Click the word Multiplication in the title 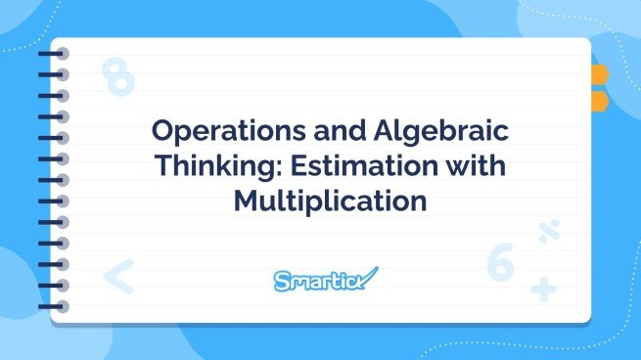[330, 202]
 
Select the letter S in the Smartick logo [282, 282]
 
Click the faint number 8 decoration [118, 77]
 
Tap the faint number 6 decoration [500, 262]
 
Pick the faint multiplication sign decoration [548, 233]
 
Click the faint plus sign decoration [543, 289]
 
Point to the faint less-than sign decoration [117, 277]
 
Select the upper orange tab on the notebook [598, 74]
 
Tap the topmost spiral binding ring [53, 56]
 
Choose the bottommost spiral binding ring [53, 304]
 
